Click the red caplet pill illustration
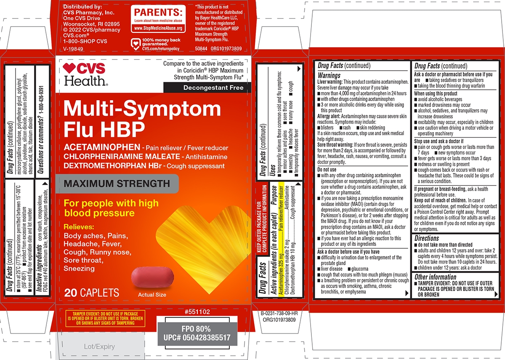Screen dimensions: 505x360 tap(152, 277)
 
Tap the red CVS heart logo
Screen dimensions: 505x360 tap(69, 68)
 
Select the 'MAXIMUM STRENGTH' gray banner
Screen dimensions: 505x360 tap(117, 184)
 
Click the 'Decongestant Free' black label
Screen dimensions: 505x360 tap(207, 88)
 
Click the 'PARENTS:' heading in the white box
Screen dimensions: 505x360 tap(158, 12)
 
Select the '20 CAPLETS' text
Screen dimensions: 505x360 tap(92, 293)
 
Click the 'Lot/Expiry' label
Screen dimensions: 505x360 tap(99, 346)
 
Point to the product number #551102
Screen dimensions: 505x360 tap(197, 312)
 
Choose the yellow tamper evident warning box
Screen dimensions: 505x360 tap(105, 318)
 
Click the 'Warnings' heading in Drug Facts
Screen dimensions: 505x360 tap(329, 75)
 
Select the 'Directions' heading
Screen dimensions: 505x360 tap(427, 238)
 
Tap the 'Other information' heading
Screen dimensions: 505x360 tap(435, 277)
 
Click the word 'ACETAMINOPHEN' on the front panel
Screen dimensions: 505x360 tap(102, 147)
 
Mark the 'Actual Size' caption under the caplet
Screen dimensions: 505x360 tap(152, 295)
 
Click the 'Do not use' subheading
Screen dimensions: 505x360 tap(327, 169)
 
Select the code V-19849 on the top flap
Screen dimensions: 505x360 tap(73, 49)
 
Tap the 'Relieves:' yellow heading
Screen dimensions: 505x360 tap(79, 227)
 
